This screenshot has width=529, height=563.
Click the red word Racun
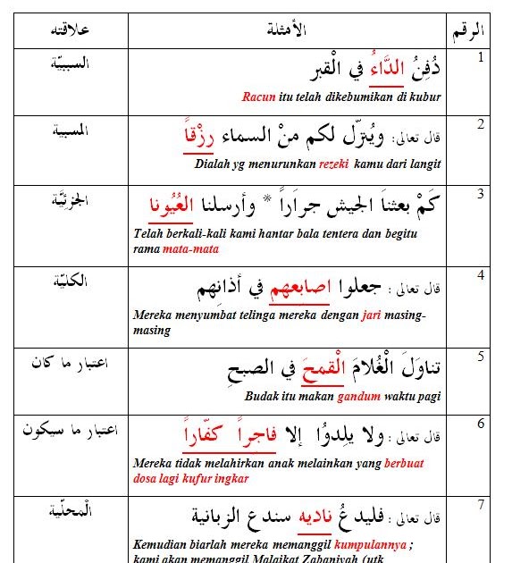pos(257,96)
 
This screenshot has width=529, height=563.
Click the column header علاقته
pos(71,32)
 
